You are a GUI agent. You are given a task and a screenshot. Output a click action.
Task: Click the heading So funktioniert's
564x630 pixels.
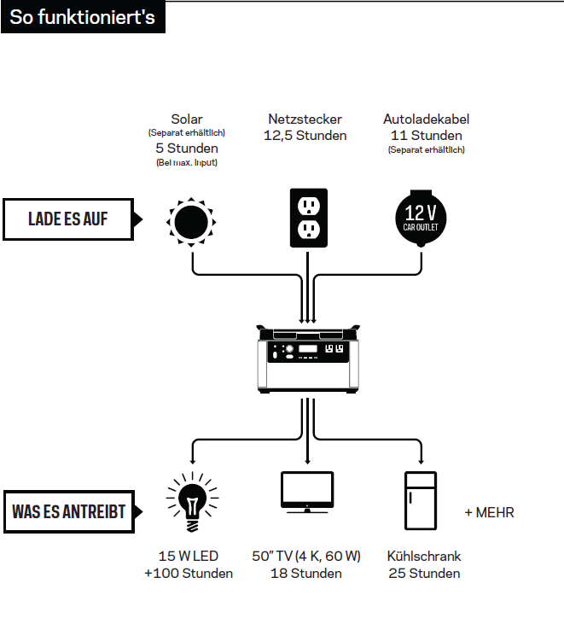pos(83,17)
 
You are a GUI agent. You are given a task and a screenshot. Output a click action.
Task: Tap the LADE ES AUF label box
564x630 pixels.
pos(68,219)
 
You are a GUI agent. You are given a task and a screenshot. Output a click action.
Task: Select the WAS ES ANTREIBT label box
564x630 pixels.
pos(69,512)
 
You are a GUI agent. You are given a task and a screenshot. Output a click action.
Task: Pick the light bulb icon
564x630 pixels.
pos(190,498)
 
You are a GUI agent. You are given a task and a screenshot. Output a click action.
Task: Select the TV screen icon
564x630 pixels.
pos(307,492)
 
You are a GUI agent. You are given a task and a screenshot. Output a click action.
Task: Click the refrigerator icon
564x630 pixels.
pos(422,499)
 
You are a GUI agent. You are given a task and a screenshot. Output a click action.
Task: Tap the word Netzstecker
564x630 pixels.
pos(305,120)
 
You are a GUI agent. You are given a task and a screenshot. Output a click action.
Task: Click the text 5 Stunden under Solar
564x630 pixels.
pos(186,148)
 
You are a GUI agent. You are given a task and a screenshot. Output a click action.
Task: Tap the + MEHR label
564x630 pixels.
pos(489,513)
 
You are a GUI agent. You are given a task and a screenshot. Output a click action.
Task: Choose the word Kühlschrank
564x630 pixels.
pos(424,556)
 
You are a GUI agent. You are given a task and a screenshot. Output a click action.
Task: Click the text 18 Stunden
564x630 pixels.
pos(306,573)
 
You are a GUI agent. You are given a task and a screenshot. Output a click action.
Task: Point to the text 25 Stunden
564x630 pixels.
pos(424,573)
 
